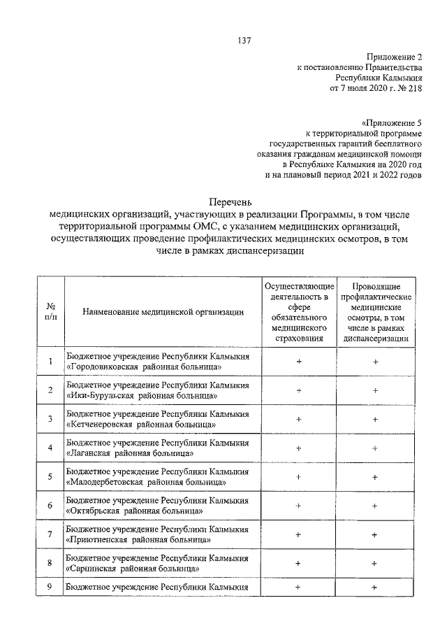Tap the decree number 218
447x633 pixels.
pyautogui.click(x=415, y=90)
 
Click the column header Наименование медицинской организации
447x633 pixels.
pyautogui.click(x=162, y=312)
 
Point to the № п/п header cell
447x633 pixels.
pyautogui.click(x=50, y=312)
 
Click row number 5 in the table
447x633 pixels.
pyautogui.click(x=50, y=477)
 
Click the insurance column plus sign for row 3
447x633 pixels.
pyautogui.click(x=298, y=419)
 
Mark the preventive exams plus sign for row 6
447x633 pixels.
pyautogui.click(x=375, y=506)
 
